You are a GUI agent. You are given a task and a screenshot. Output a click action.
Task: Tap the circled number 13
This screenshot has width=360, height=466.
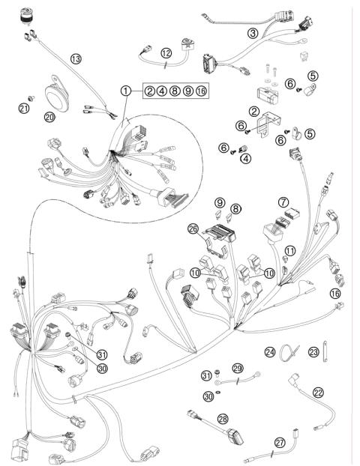point(75,58)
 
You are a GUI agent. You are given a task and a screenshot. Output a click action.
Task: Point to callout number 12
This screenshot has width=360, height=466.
point(166,52)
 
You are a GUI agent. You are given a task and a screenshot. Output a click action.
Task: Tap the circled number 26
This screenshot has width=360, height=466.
point(193,229)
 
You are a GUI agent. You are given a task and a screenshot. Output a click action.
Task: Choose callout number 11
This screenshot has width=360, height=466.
point(289,249)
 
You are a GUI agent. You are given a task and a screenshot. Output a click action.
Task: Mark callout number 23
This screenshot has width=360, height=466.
point(314,351)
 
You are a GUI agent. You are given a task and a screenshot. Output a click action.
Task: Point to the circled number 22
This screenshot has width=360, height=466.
point(318,393)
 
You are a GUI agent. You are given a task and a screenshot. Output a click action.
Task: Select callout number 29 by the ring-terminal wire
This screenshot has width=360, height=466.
point(238,369)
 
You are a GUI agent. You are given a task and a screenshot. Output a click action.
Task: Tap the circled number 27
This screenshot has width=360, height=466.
point(279,443)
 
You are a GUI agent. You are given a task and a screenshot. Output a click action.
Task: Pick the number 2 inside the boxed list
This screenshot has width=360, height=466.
point(150,91)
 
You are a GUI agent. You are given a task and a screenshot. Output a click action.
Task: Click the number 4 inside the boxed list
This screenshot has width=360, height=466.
point(162,91)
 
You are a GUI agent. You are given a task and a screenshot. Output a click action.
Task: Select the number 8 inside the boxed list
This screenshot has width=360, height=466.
point(175,91)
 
